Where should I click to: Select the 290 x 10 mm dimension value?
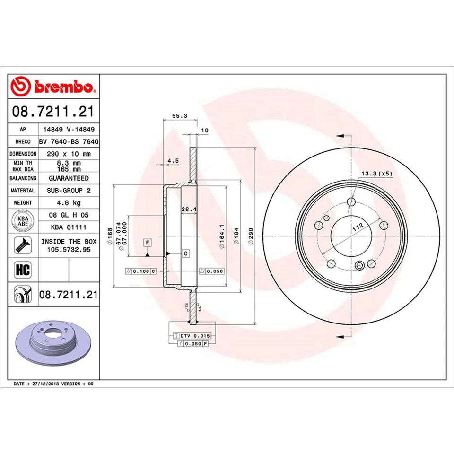pos(69,154)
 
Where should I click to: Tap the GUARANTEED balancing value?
pos(69,178)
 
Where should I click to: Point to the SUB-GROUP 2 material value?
pos(69,191)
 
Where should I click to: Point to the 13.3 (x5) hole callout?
pos(377,174)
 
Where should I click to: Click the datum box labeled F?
pos(148,243)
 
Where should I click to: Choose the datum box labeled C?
pos(186,253)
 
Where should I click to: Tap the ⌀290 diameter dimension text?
pos(251,235)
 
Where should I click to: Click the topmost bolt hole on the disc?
pos(351,202)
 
